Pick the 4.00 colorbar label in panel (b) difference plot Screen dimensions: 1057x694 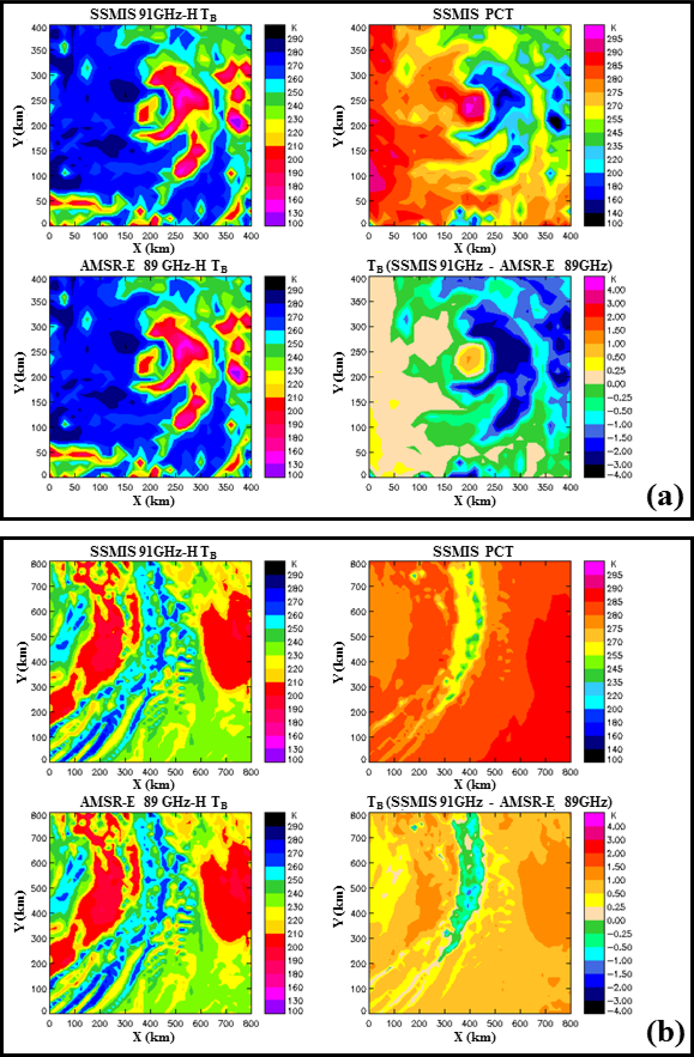(x=616, y=826)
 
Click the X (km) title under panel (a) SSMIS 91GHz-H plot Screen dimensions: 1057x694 (x=154, y=248)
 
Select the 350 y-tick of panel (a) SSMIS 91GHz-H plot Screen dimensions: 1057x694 (x=40, y=51)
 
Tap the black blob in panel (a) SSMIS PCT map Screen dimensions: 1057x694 (x=556, y=120)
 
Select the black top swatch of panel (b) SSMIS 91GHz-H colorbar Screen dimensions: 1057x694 (x=275, y=567)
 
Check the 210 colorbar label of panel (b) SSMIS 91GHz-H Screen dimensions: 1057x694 (x=295, y=682)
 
